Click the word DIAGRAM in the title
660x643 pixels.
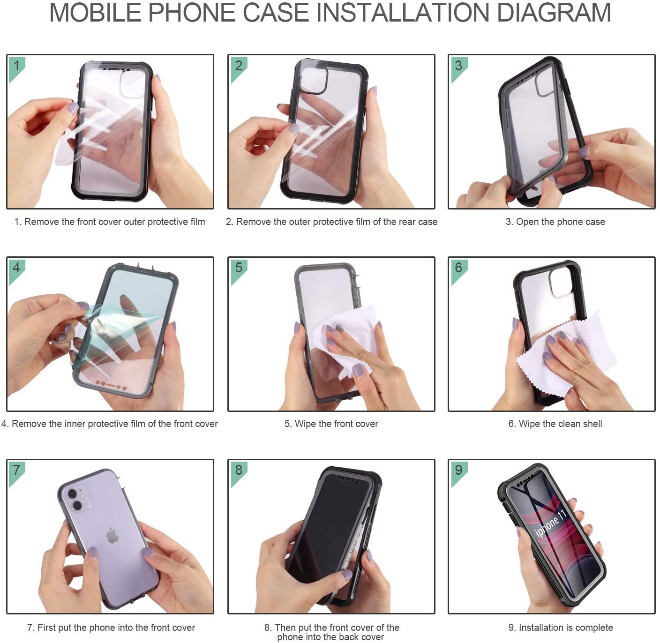pos(554,13)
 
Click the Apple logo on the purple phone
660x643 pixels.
pos(112,536)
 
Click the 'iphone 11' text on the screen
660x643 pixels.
pos(550,523)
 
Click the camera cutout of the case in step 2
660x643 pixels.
pos(314,80)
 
